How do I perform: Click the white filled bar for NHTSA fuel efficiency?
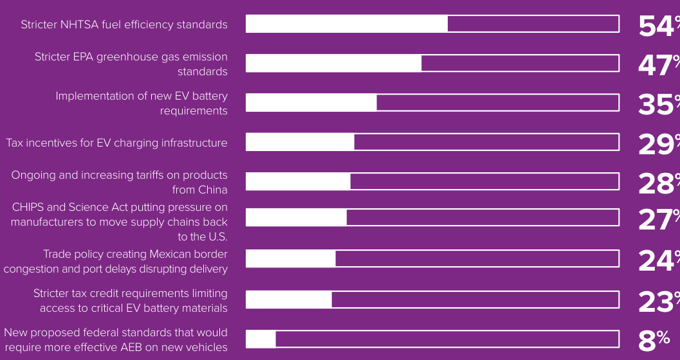(347, 24)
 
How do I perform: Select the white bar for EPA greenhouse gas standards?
(334, 63)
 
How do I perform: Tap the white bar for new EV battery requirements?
(311, 103)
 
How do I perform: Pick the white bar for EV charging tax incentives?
(300, 142)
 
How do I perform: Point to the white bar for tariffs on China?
(299, 181)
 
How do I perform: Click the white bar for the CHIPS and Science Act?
(297, 217)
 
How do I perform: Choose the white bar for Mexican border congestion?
(291, 258)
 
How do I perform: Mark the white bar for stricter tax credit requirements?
(289, 300)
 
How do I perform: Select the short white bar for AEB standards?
(261, 339)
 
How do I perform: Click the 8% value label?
(654, 339)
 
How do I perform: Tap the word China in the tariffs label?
(212, 190)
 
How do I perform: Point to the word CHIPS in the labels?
(29, 207)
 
